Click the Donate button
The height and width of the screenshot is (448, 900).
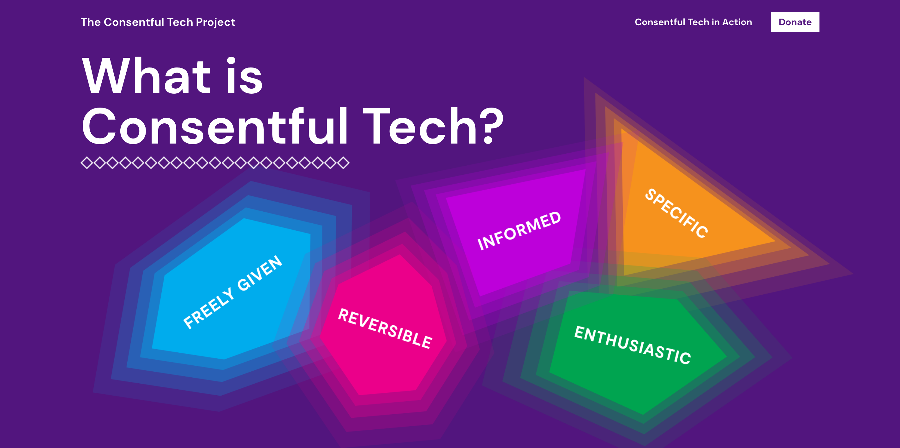pyautogui.click(x=795, y=22)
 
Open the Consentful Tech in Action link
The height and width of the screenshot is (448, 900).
pyautogui.click(x=693, y=22)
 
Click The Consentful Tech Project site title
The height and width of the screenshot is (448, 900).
pyautogui.click(x=158, y=22)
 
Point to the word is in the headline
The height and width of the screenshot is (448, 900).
pyautogui.click(x=244, y=76)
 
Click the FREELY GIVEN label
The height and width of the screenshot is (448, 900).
pyautogui.click(x=233, y=292)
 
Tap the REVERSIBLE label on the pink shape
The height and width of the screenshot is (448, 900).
pyautogui.click(x=385, y=328)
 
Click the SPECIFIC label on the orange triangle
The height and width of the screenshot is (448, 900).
pyautogui.click(x=676, y=213)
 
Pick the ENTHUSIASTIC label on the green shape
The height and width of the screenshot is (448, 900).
pyautogui.click(x=633, y=345)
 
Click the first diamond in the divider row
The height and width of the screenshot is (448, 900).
pyautogui.click(x=87, y=163)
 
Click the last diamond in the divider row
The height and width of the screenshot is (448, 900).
pyautogui.click(x=343, y=163)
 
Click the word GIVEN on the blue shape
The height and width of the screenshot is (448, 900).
pyautogui.click(x=260, y=273)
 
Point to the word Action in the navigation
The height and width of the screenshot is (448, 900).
pyautogui.click(x=737, y=22)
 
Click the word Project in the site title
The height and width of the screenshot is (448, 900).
pyautogui.click(x=215, y=22)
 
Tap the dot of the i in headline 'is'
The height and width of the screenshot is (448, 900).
pyautogui.click(x=231, y=60)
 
